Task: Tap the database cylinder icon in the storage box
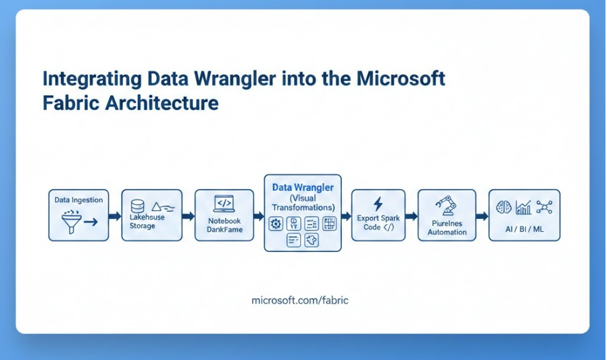tap(137, 207)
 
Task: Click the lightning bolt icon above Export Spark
tap(378, 203)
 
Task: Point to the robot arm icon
tap(445, 206)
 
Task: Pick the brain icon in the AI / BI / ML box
tap(503, 207)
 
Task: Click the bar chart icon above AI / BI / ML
tap(523, 207)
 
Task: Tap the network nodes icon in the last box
tap(544, 207)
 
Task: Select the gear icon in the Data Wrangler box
tap(276, 224)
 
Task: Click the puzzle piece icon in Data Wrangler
tap(312, 241)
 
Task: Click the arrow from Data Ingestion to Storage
tap(115, 216)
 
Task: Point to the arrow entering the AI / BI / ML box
tap(482, 216)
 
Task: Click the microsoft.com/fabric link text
tap(300, 301)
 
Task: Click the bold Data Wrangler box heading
tap(302, 187)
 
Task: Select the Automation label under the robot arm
tap(447, 232)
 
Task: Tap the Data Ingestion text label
tap(78, 200)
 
